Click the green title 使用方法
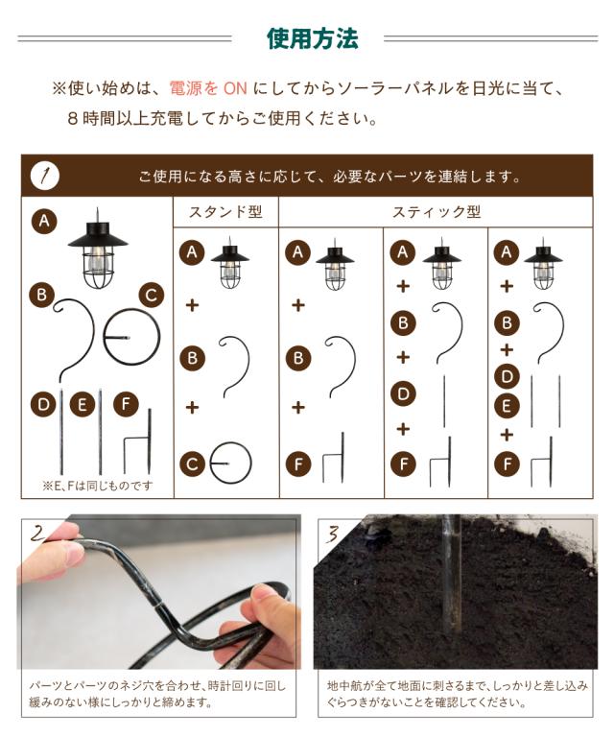click(x=313, y=38)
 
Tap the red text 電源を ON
click(x=208, y=88)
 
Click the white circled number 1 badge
click(x=45, y=177)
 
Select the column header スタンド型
click(x=225, y=212)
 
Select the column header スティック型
click(x=437, y=212)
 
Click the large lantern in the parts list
click(x=98, y=250)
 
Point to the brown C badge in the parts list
click(x=152, y=296)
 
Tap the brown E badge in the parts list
click(x=83, y=405)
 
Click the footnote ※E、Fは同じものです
click(x=98, y=486)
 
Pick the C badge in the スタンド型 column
click(x=192, y=464)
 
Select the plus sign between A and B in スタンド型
click(x=192, y=305)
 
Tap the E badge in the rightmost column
click(x=507, y=406)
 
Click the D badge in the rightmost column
click(x=507, y=376)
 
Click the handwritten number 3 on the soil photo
click(x=333, y=534)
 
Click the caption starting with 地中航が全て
click(x=457, y=694)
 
